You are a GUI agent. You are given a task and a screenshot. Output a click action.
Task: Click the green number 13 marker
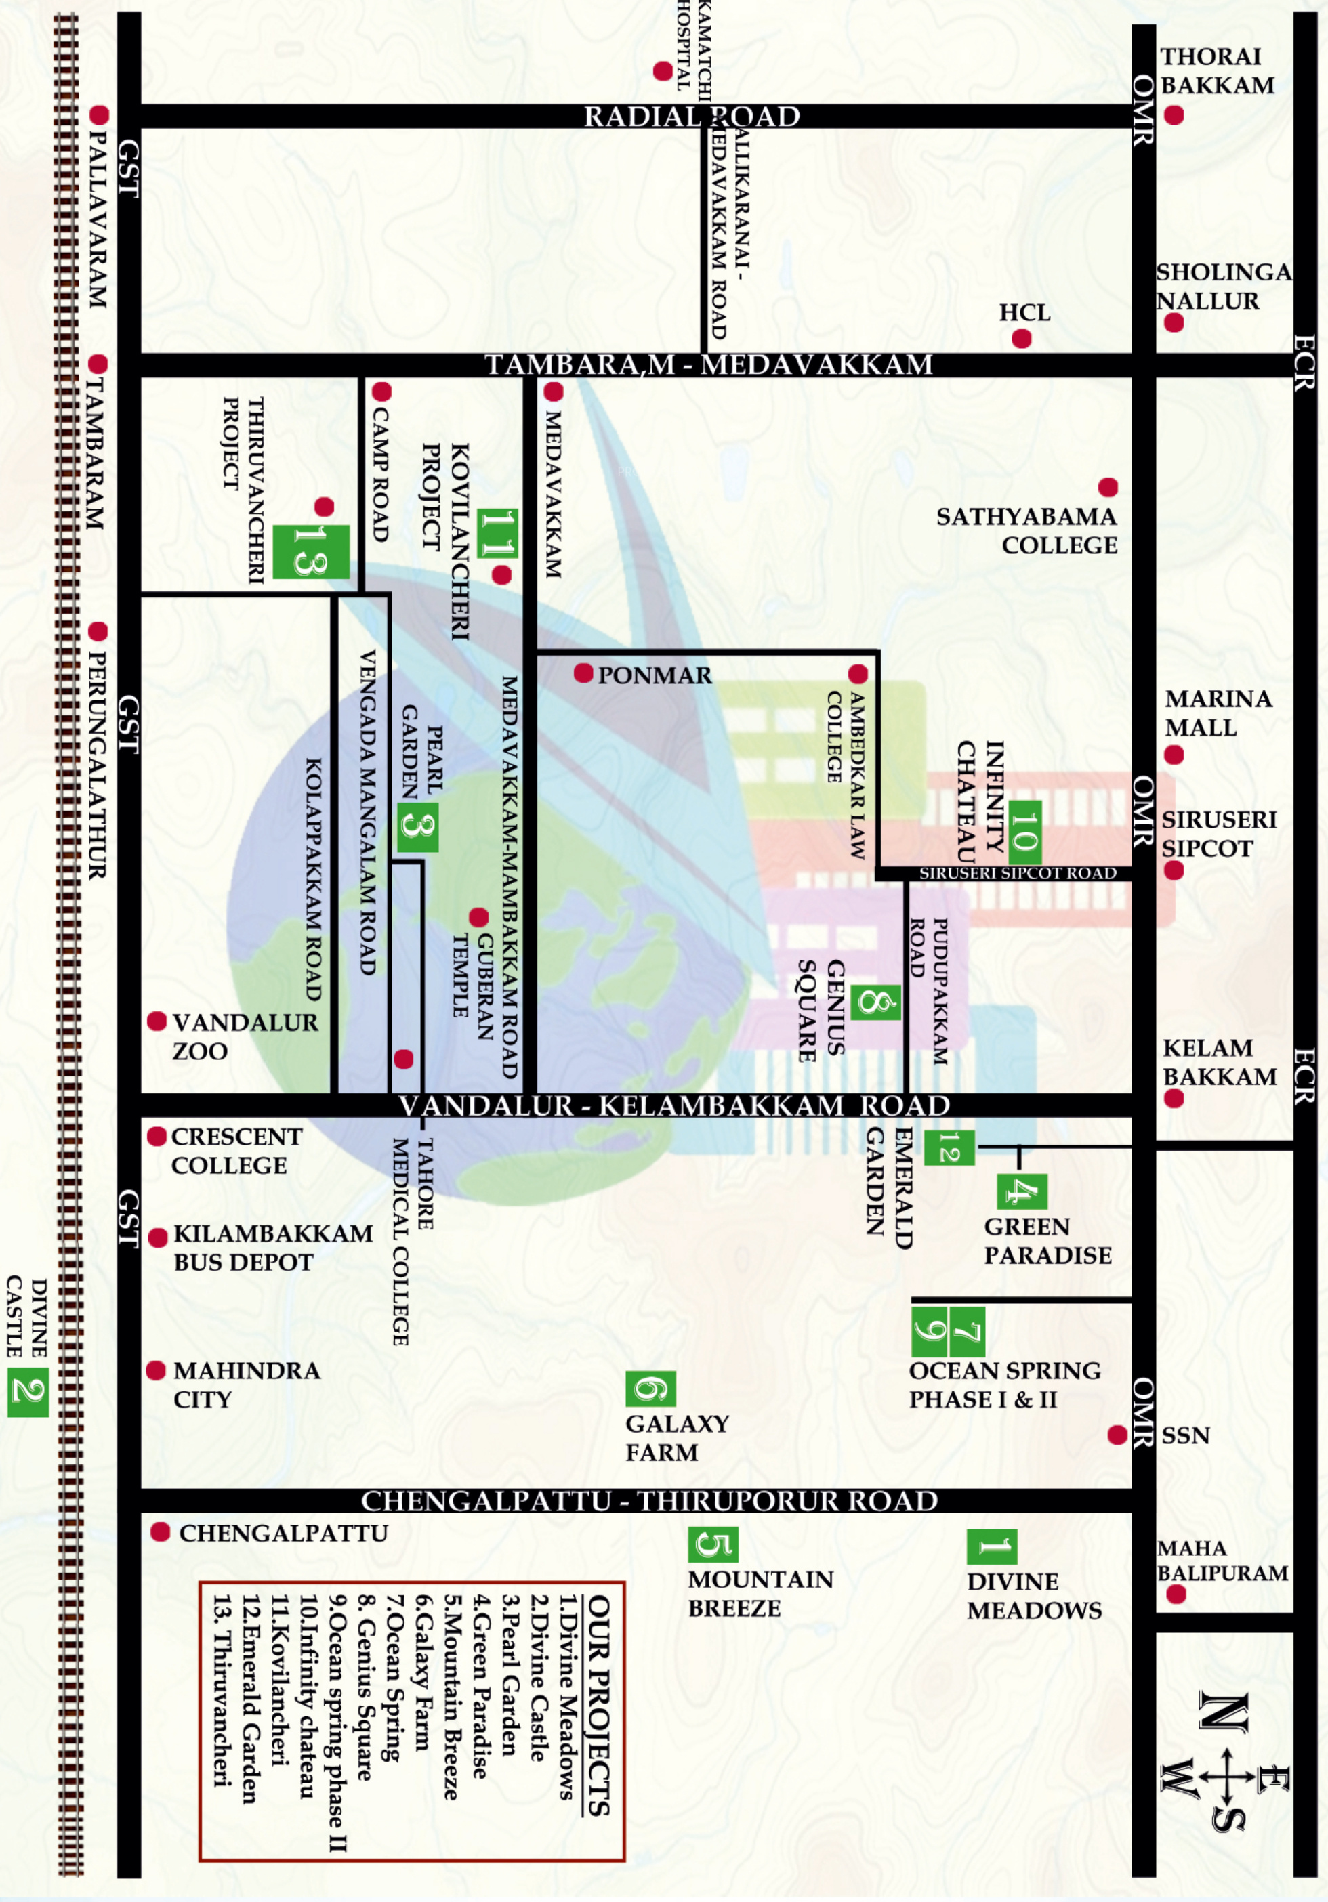point(311,551)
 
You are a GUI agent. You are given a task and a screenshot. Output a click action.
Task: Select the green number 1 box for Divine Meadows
point(992,1546)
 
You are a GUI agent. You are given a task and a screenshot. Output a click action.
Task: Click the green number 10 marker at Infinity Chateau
point(1024,832)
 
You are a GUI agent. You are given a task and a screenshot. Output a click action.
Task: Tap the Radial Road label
point(692,117)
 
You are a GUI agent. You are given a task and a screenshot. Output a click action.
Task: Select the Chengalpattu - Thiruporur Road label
point(650,1500)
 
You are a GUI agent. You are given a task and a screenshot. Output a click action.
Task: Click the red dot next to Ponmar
point(583,673)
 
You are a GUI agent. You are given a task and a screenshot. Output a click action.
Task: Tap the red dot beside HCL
point(1022,338)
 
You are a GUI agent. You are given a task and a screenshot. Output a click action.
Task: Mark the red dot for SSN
point(1117,1435)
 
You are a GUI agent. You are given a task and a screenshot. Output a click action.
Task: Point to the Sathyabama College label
point(1026,531)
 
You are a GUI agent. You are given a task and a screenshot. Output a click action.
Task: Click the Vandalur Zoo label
point(245,1036)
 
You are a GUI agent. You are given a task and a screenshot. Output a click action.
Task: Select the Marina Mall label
point(1218,713)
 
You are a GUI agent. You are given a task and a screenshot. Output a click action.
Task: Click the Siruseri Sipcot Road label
point(1017,873)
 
